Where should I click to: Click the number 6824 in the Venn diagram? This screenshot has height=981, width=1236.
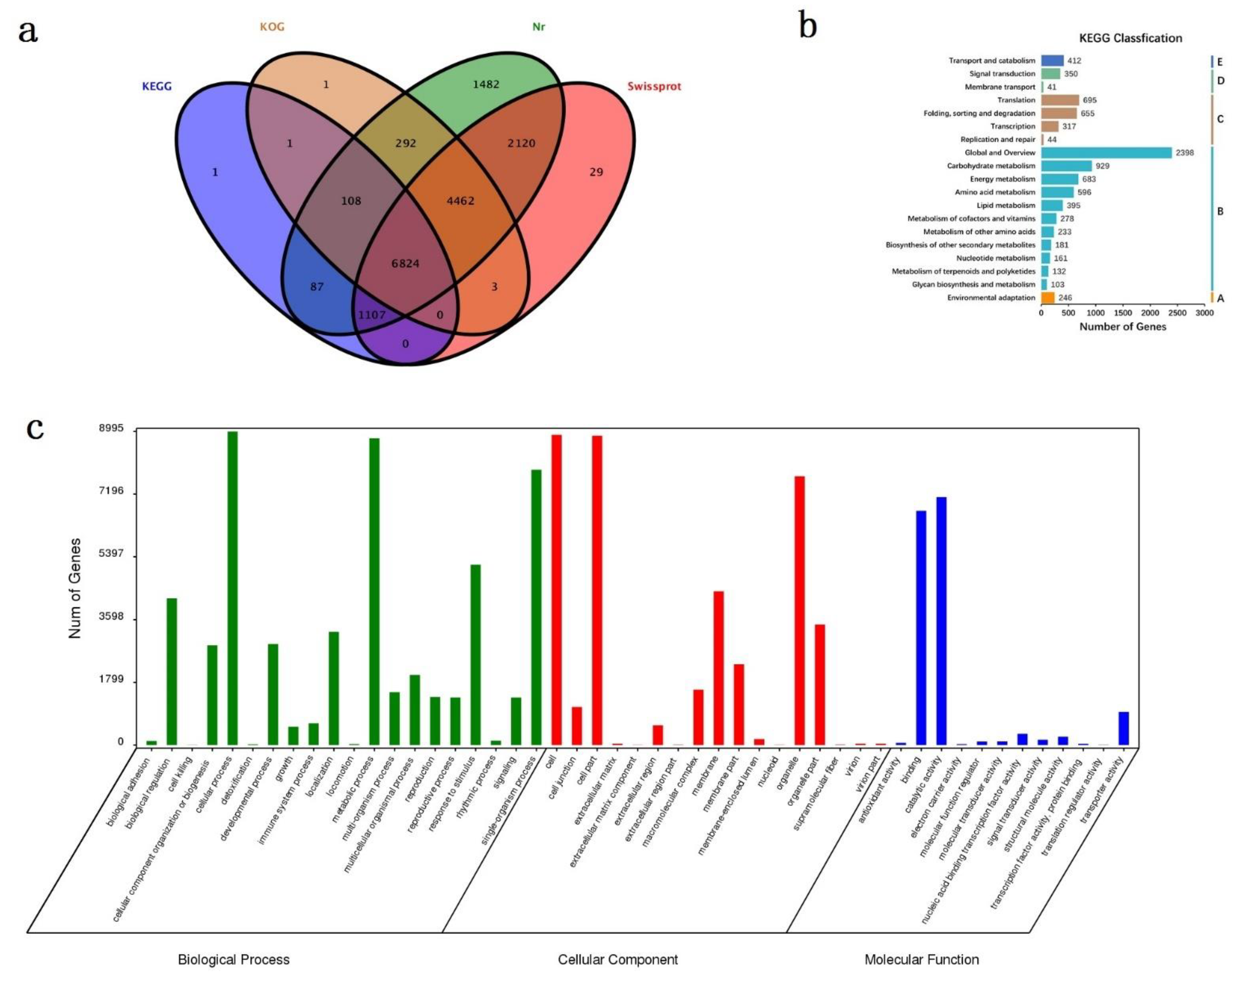[405, 264]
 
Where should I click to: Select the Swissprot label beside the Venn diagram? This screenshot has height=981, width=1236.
[654, 86]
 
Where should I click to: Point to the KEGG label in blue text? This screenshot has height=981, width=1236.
[157, 86]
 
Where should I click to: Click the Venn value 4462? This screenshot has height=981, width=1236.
[460, 201]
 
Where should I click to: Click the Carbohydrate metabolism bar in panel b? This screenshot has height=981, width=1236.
[1066, 166]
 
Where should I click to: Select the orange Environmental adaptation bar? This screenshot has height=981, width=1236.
[1048, 298]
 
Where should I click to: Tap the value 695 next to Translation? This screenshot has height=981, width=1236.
[1089, 100]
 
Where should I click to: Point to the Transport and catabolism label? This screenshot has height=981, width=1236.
[992, 60]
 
